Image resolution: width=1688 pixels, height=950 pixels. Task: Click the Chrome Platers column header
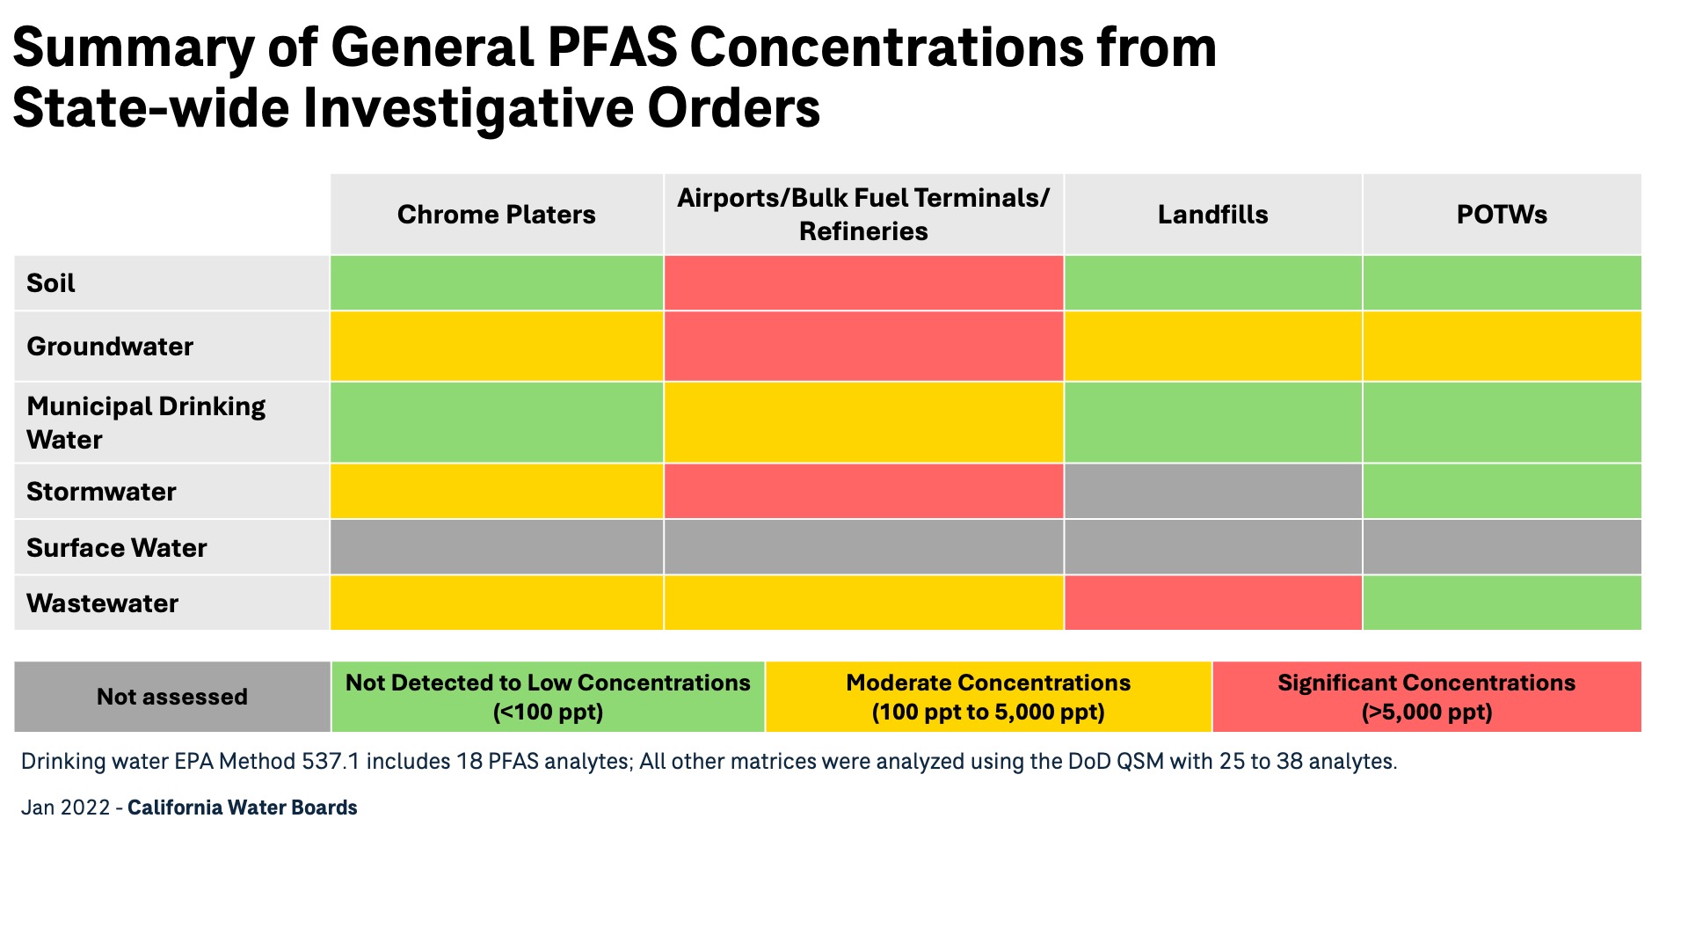click(496, 215)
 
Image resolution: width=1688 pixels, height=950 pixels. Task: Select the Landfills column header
click(1212, 215)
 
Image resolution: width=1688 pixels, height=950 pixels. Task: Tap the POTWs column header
click(1502, 215)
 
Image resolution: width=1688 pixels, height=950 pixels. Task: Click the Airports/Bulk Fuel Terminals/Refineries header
click(862, 215)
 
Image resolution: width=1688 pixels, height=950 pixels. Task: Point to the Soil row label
click(51, 283)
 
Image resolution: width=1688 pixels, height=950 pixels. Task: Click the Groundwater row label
click(110, 347)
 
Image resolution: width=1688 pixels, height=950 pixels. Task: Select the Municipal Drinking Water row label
click(146, 422)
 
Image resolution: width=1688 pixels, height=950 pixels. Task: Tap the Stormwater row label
click(101, 492)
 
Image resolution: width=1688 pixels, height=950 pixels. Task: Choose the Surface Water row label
click(116, 548)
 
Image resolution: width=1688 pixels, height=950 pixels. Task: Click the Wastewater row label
click(102, 603)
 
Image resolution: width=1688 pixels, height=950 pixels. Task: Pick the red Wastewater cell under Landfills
click(1212, 603)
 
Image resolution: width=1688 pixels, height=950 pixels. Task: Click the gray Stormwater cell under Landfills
click(1212, 492)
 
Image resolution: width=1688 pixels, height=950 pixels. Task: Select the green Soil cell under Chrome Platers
click(496, 283)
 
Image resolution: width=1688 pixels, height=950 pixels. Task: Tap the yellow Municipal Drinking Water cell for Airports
click(862, 422)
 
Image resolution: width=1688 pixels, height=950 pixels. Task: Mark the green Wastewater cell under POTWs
click(1502, 603)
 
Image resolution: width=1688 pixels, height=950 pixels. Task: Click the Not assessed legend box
click(172, 697)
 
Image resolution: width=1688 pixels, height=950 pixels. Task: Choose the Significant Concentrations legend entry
click(1426, 697)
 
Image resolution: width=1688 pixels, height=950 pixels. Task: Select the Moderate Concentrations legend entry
click(988, 697)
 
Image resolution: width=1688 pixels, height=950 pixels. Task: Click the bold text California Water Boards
click(242, 807)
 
